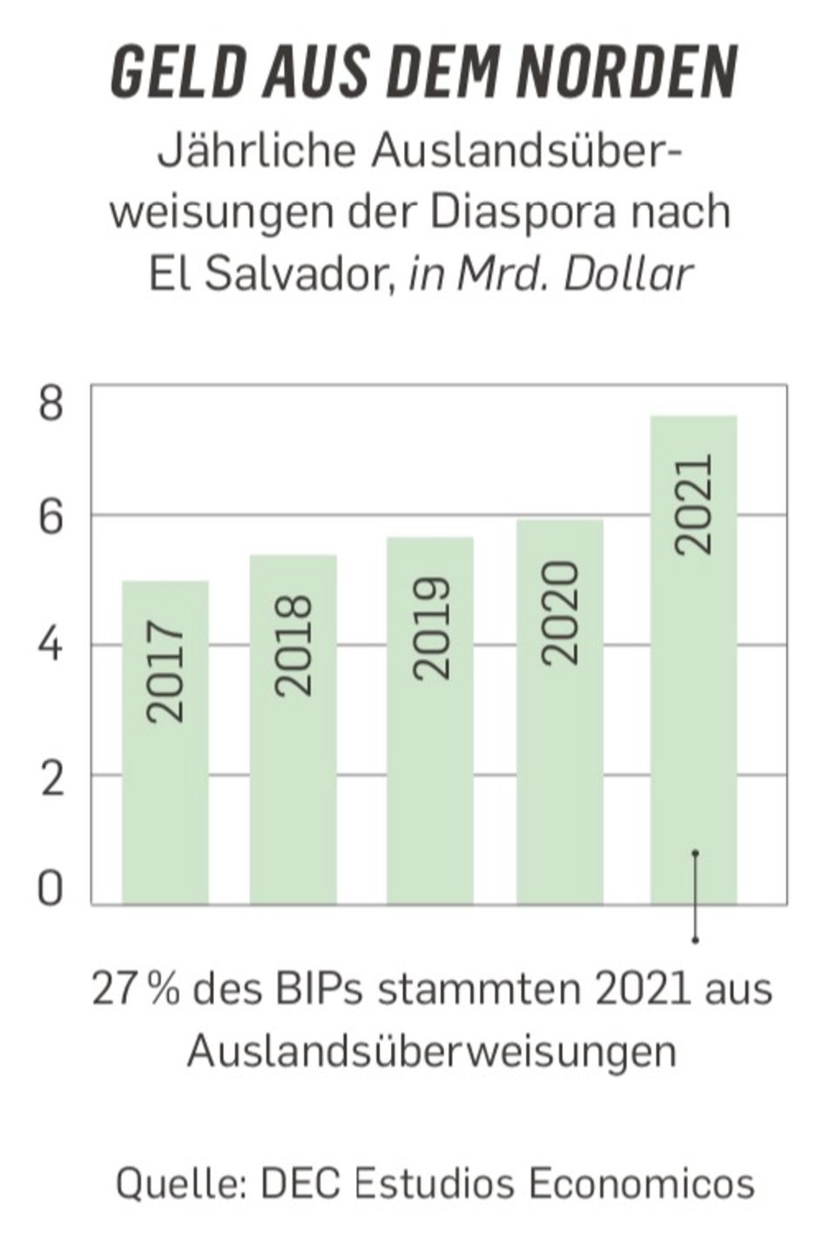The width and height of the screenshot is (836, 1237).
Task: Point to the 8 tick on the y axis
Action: [51, 407]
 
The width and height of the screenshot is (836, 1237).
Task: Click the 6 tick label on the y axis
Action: [51, 519]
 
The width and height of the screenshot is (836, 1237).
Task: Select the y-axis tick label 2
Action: [51, 778]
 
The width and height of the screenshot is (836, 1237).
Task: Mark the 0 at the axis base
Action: [51, 890]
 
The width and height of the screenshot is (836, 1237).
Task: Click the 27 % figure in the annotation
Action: [137, 990]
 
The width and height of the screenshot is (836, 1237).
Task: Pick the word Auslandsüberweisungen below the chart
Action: [432, 1050]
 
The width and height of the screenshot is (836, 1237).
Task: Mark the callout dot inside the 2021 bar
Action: [695, 853]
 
